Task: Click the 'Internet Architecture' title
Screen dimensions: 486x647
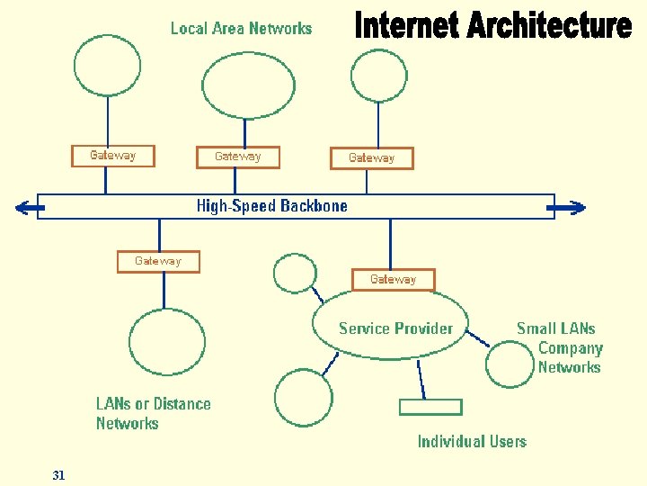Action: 492,26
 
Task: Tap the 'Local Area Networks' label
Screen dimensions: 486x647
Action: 241,29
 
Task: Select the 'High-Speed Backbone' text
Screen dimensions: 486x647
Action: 271,206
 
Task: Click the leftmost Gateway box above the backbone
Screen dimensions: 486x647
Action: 113,156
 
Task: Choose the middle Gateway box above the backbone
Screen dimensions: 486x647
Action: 238,157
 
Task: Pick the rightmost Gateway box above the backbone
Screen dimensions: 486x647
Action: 371,158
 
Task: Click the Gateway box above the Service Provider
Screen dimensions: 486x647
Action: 393,280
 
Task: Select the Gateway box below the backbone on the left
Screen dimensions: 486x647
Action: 158,261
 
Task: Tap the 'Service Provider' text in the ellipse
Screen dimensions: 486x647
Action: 395,328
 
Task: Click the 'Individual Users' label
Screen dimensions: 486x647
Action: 472,441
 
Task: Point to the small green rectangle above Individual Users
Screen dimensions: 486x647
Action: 430,407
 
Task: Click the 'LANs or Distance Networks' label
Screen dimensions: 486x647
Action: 153,413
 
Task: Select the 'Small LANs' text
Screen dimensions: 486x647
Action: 555,328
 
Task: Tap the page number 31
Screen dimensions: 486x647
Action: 58,475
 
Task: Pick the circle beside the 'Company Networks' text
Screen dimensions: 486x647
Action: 510,362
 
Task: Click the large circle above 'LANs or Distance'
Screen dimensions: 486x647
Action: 166,342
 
